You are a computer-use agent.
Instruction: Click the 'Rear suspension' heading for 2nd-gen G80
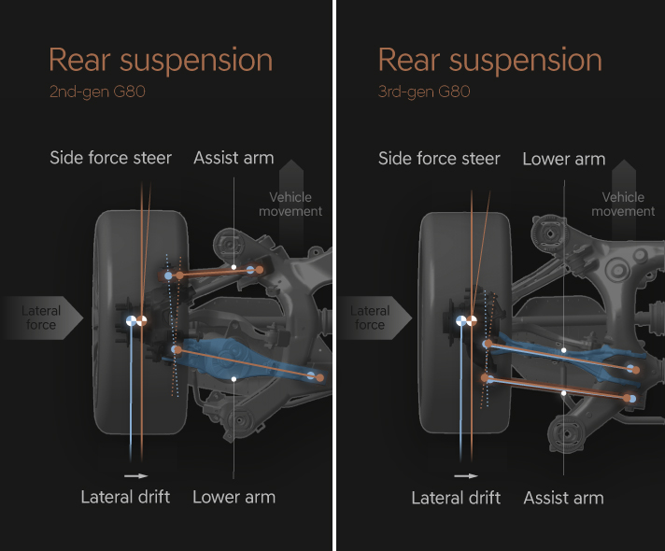pos(161,61)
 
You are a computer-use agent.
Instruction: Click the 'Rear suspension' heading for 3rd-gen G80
pos(489,61)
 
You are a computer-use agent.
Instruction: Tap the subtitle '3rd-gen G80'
pos(423,92)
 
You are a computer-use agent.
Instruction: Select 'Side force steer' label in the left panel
pos(110,158)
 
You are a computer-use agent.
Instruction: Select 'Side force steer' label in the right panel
pos(439,159)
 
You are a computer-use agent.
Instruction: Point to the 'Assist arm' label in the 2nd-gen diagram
pos(233,158)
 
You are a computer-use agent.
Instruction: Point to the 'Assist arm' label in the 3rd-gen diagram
pos(563,497)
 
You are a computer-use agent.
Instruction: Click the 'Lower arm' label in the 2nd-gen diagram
pos(233,497)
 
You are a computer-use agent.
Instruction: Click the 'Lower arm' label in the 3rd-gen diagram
pos(563,159)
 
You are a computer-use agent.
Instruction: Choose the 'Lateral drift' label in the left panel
pos(125,497)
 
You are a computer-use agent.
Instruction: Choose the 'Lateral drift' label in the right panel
pos(456,497)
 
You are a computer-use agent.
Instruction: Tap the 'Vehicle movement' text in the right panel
pos(623,204)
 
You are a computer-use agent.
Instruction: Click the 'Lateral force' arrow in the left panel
pos(43,318)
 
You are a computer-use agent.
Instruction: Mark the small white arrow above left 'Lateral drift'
pos(137,476)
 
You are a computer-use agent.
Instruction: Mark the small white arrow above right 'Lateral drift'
pos(465,476)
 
